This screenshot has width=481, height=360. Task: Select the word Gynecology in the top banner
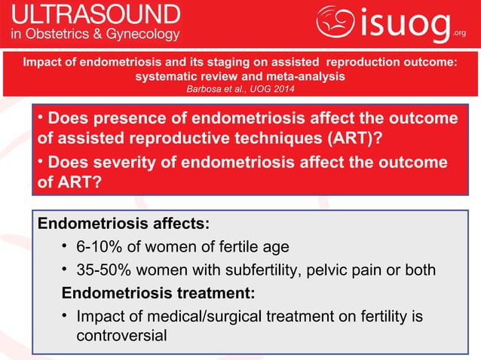pyautogui.click(x=142, y=34)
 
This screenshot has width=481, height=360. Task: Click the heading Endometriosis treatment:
pyautogui.click(x=158, y=291)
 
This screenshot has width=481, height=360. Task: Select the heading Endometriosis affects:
pyautogui.click(x=124, y=224)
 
